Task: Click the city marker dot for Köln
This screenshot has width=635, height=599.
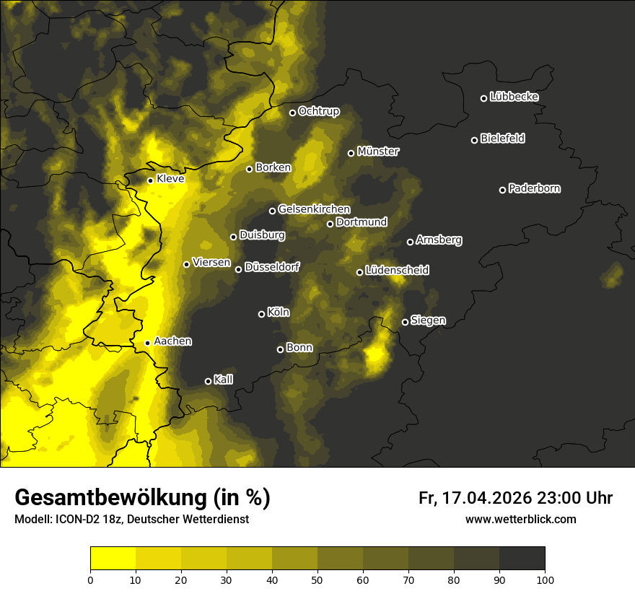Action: click(261, 314)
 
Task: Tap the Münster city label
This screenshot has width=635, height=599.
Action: click(378, 152)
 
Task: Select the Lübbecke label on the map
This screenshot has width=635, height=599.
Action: click(514, 97)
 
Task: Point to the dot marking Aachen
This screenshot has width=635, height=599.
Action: click(147, 343)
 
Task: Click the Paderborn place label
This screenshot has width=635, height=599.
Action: click(534, 188)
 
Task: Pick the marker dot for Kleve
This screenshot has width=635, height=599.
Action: click(150, 180)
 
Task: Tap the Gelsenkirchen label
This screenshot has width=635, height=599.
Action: click(314, 209)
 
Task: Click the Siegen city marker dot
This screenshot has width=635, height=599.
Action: click(405, 322)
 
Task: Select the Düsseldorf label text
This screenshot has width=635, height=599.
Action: click(271, 267)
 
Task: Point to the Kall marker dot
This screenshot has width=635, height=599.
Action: click(208, 381)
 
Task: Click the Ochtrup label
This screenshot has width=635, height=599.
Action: click(318, 111)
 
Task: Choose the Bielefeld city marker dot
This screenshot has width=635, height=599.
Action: click(474, 140)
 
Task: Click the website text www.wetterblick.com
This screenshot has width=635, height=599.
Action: click(520, 519)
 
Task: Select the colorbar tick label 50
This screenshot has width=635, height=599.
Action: click(317, 580)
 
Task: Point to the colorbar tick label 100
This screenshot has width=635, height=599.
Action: click(545, 580)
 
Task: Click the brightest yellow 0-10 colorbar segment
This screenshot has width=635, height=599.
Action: click(113, 559)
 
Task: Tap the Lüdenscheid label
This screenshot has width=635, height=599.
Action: click(397, 270)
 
